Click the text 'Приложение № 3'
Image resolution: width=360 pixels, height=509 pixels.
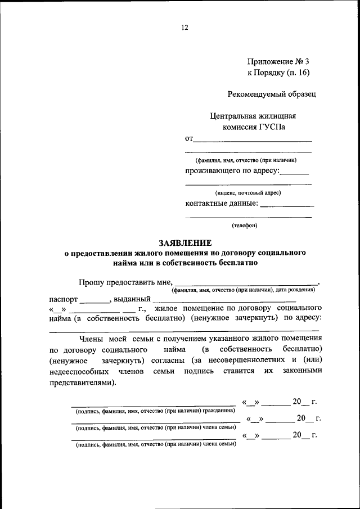click(278, 61)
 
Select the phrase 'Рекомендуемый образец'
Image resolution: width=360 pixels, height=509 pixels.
click(272, 94)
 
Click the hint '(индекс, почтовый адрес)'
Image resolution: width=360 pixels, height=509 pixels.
click(248, 192)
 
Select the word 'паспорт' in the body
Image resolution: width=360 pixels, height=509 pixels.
click(63, 299)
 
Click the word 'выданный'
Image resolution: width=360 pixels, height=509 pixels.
click(132, 299)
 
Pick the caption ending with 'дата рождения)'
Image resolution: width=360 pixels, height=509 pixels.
click(244, 290)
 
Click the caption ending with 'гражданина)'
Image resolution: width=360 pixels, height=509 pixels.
click(155, 411)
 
